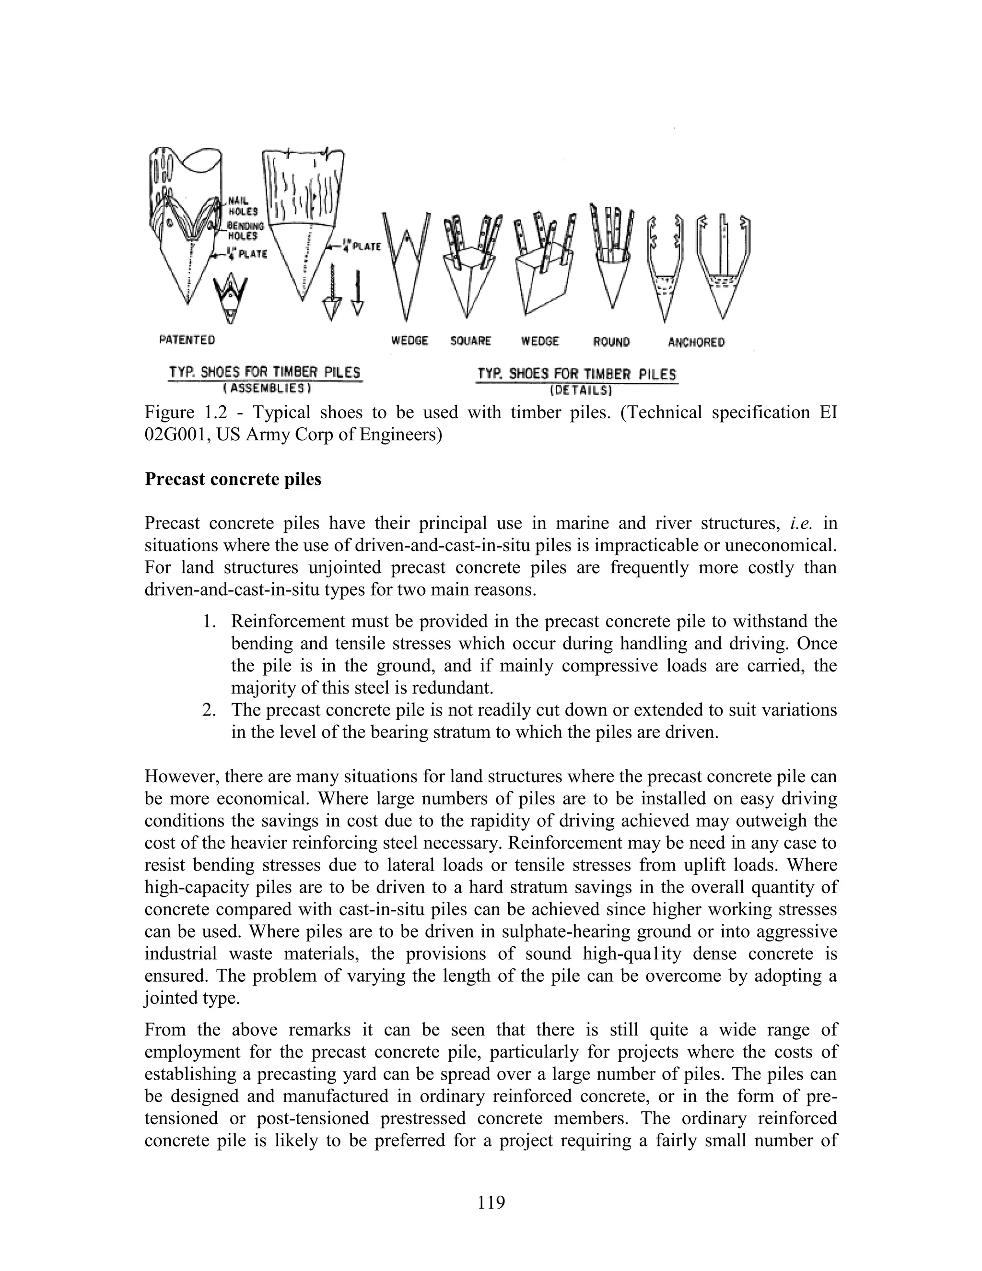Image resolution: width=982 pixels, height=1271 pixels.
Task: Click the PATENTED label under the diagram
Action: click(187, 340)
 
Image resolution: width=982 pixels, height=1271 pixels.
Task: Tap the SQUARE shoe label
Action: click(471, 341)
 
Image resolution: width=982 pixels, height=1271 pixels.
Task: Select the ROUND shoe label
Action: click(611, 342)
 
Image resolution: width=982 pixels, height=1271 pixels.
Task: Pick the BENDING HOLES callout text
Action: click(245, 230)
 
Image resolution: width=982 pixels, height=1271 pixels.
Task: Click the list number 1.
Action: click(208, 622)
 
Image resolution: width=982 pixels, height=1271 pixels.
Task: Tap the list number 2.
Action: click(208, 710)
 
